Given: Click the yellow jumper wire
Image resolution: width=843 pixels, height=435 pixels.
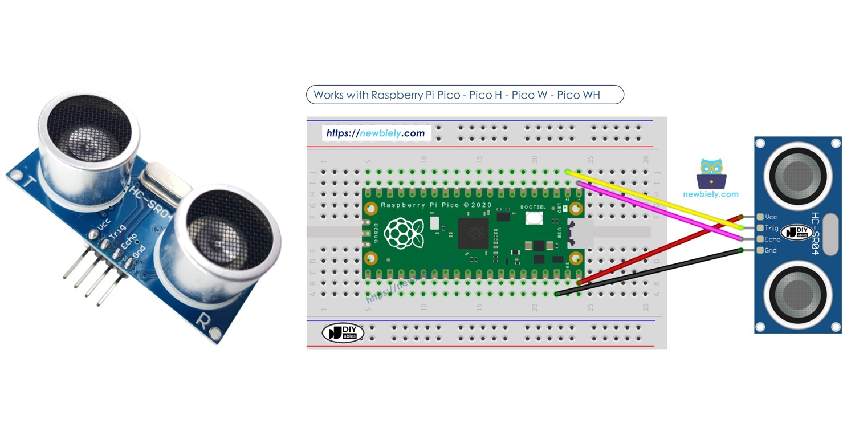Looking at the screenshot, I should (x=655, y=200).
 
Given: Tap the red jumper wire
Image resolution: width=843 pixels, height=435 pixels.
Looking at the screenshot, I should (x=655, y=251).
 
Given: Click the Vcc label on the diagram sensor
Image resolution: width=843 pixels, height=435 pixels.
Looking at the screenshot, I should (x=771, y=217).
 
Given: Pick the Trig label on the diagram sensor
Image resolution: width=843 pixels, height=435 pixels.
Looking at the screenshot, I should (x=772, y=228).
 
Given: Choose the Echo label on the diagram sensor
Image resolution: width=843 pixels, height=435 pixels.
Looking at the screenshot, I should (x=772, y=239).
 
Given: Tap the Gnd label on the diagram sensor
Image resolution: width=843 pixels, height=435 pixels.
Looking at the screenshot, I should (x=771, y=251).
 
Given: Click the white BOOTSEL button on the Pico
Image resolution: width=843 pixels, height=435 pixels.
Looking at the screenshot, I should (x=534, y=217).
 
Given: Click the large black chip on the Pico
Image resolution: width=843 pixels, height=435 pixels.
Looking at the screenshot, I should (x=473, y=233).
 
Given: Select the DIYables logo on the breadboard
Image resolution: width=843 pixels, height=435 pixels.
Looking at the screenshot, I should (x=343, y=333).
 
